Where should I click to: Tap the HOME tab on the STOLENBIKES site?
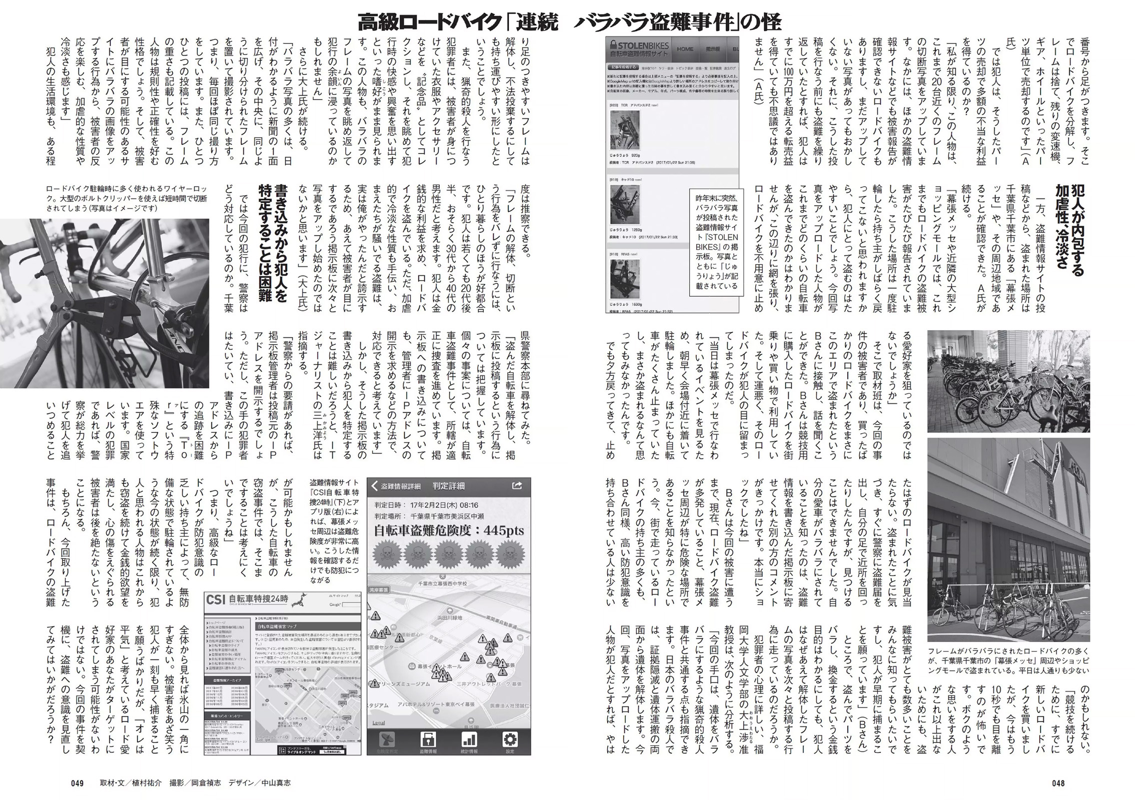pos(685,49)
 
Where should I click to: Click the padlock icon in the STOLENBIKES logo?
pos(613,44)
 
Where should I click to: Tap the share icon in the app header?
pos(517,485)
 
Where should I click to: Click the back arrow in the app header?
pos(375,486)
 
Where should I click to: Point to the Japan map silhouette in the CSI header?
pos(300,598)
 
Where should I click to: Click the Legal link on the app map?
pos(379,723)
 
